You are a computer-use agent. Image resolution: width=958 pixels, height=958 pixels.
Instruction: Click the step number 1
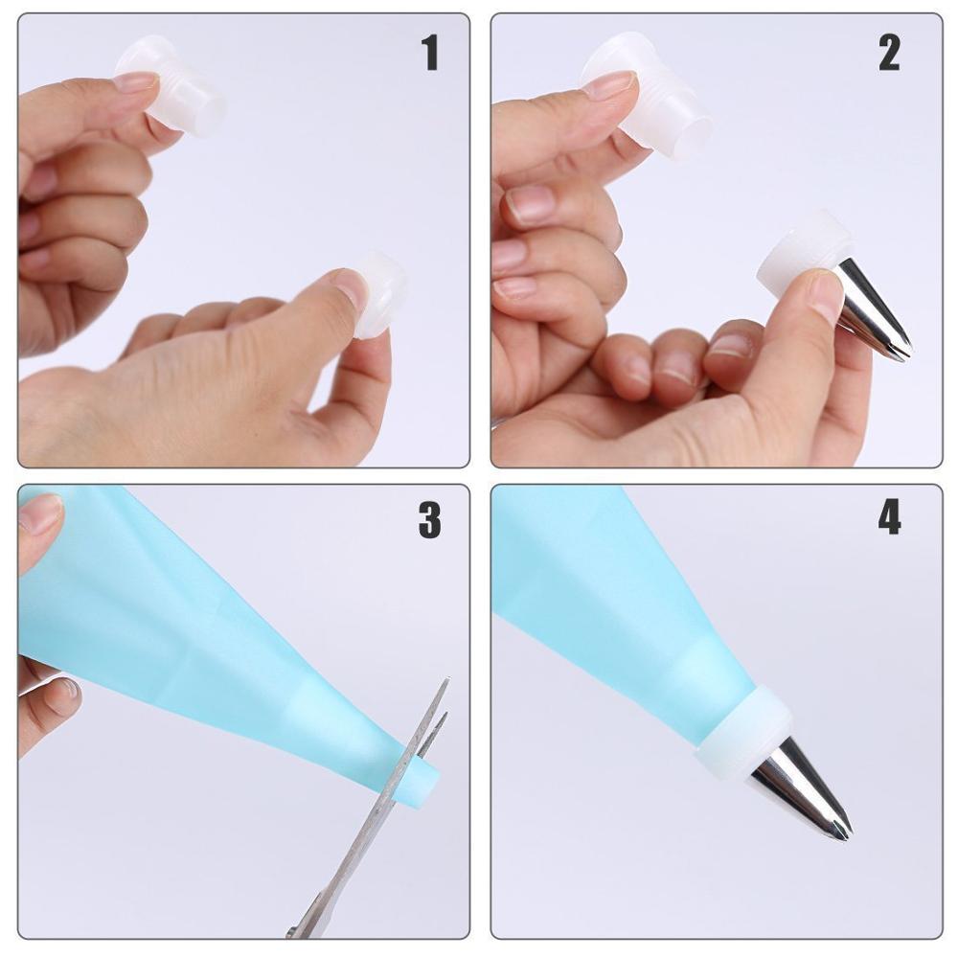pos(430,54)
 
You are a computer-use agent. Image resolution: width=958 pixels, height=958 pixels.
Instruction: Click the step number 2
pos(889,54)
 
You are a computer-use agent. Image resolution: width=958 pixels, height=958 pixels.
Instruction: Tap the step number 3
pos(429,519)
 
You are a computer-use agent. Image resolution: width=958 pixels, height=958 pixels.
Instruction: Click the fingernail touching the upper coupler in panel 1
pos(136,80)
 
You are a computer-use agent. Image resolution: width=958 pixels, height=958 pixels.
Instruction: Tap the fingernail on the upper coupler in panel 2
pos(609,85)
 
